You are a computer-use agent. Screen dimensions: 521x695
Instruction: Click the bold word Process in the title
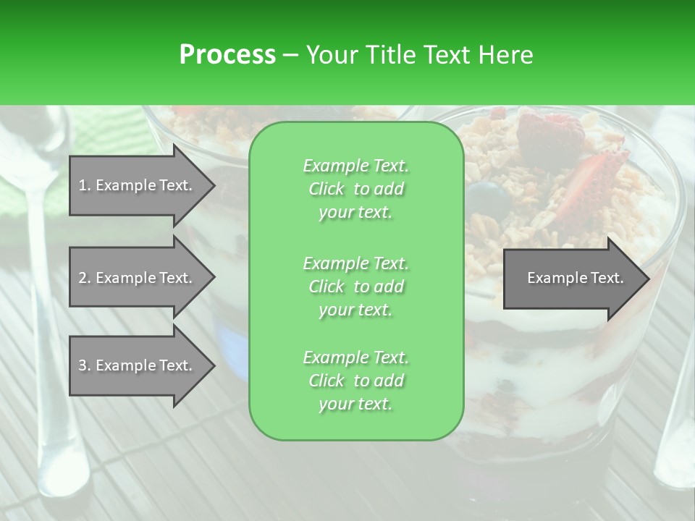(227, 54)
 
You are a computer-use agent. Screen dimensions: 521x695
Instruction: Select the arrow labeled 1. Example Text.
(138, 185)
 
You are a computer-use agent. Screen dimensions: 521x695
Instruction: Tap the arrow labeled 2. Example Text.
(138, 278)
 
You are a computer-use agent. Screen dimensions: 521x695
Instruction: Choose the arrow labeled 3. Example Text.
(138, 365)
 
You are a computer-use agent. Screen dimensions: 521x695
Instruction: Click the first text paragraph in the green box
(355, 189)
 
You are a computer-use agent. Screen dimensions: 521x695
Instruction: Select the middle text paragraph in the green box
(355, 286)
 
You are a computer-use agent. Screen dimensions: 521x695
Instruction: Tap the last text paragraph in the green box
(355, 381)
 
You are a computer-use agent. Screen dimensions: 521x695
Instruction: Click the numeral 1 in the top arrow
(83, 185)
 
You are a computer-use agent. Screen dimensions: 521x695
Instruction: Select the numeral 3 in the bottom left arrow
(83, 365)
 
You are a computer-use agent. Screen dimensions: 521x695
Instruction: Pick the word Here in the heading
(506, 54)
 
